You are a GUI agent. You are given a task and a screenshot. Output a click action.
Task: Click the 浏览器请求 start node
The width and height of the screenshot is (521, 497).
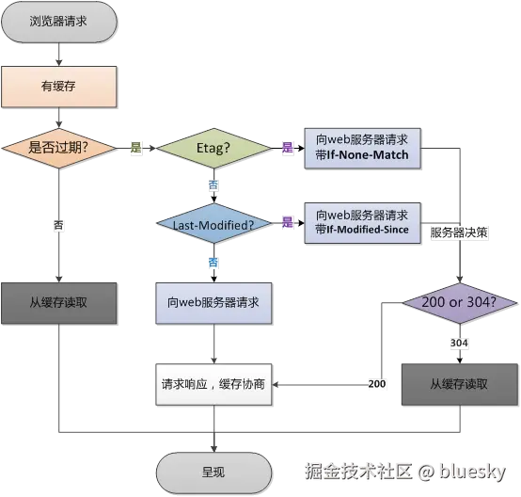point(59,21)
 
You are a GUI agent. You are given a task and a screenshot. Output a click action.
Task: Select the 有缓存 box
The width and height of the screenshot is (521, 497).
point(59,87)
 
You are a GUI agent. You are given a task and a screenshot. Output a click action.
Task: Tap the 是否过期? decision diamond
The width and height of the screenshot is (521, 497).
point(59,148)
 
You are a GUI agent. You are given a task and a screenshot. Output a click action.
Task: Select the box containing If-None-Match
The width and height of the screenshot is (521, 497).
point(362,148)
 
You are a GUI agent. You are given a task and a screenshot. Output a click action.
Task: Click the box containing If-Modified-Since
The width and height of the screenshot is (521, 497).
point(362,223)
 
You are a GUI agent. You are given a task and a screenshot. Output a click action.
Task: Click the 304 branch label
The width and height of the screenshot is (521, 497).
point(459,344)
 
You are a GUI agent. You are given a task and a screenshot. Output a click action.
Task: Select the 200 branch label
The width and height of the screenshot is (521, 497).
point(376,385)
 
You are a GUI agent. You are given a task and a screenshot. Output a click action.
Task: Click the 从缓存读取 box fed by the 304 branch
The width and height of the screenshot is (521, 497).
point(459,384)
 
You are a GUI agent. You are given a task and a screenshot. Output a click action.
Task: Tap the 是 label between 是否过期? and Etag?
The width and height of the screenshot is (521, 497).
point(135,148)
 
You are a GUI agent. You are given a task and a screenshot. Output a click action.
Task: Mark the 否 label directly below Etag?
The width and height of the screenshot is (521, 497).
point(213,185)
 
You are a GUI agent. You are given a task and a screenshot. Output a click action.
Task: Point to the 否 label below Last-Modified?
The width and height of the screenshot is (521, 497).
point(213,261)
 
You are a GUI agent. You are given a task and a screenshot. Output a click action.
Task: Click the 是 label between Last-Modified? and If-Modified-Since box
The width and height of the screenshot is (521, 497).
point(287,223)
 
